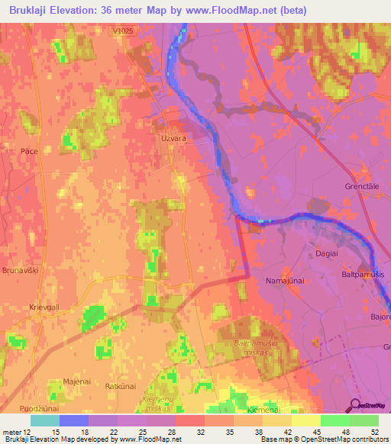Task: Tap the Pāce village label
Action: coord(30,151)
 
